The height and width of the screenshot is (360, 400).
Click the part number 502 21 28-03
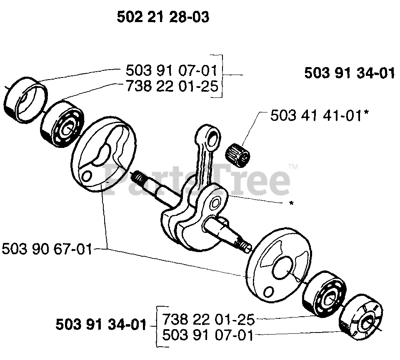[x=163, y=17]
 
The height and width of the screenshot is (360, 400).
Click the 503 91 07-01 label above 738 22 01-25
[x=172, y=70]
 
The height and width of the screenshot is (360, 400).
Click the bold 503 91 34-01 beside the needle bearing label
[x=349, y=73]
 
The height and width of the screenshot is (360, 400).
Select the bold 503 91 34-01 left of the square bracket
[x=101, y=325]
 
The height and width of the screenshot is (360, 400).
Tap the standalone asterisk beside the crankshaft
[x=291, y=203]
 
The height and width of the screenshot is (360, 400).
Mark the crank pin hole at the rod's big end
[x=217, y=204]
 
